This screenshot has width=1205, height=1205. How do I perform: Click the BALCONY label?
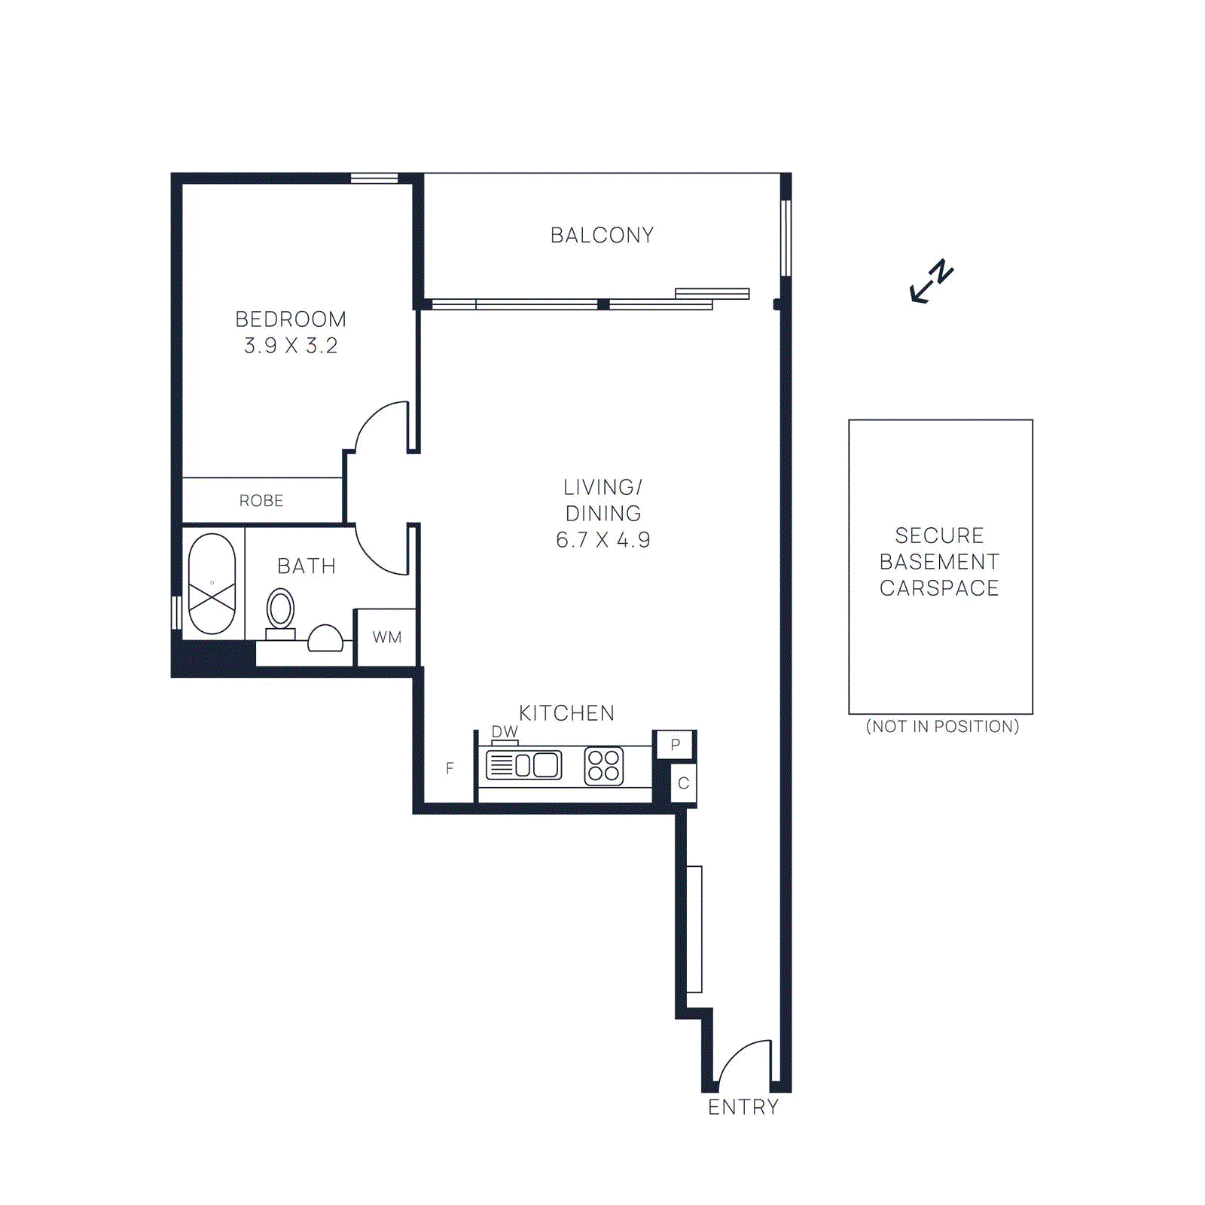[x=602, y=235]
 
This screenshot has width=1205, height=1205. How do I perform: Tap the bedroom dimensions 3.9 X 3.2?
[x=291, y=346]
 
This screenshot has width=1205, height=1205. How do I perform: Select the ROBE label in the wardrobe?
[x=261, y=501]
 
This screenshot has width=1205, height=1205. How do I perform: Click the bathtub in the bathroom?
[x=212, y=584]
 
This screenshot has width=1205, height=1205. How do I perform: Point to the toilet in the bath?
[x=280, y=610]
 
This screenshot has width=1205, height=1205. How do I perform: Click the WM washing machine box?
[x=386, y=637]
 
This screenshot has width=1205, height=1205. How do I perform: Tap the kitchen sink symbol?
[x=524, y=765]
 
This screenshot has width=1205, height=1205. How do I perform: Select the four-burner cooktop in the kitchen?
[x=604, y=766]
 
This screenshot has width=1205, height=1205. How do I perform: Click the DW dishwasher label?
[x=505, y=731]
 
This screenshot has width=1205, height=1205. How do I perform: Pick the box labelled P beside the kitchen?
[x=675, y=745]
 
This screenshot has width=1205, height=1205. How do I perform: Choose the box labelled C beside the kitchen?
[x=683, y=783]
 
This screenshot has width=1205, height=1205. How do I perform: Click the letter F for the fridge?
[x=450, y=768]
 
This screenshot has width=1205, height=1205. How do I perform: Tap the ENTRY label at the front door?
[x=743, y=1107]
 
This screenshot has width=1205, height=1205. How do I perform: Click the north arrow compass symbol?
[x=932, y=282]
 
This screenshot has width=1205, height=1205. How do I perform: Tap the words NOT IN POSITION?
[x=942, y=727]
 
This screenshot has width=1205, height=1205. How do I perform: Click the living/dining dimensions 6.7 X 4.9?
[x=602, y=540]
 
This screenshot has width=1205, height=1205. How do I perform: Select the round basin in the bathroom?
[x=325, y=639]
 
